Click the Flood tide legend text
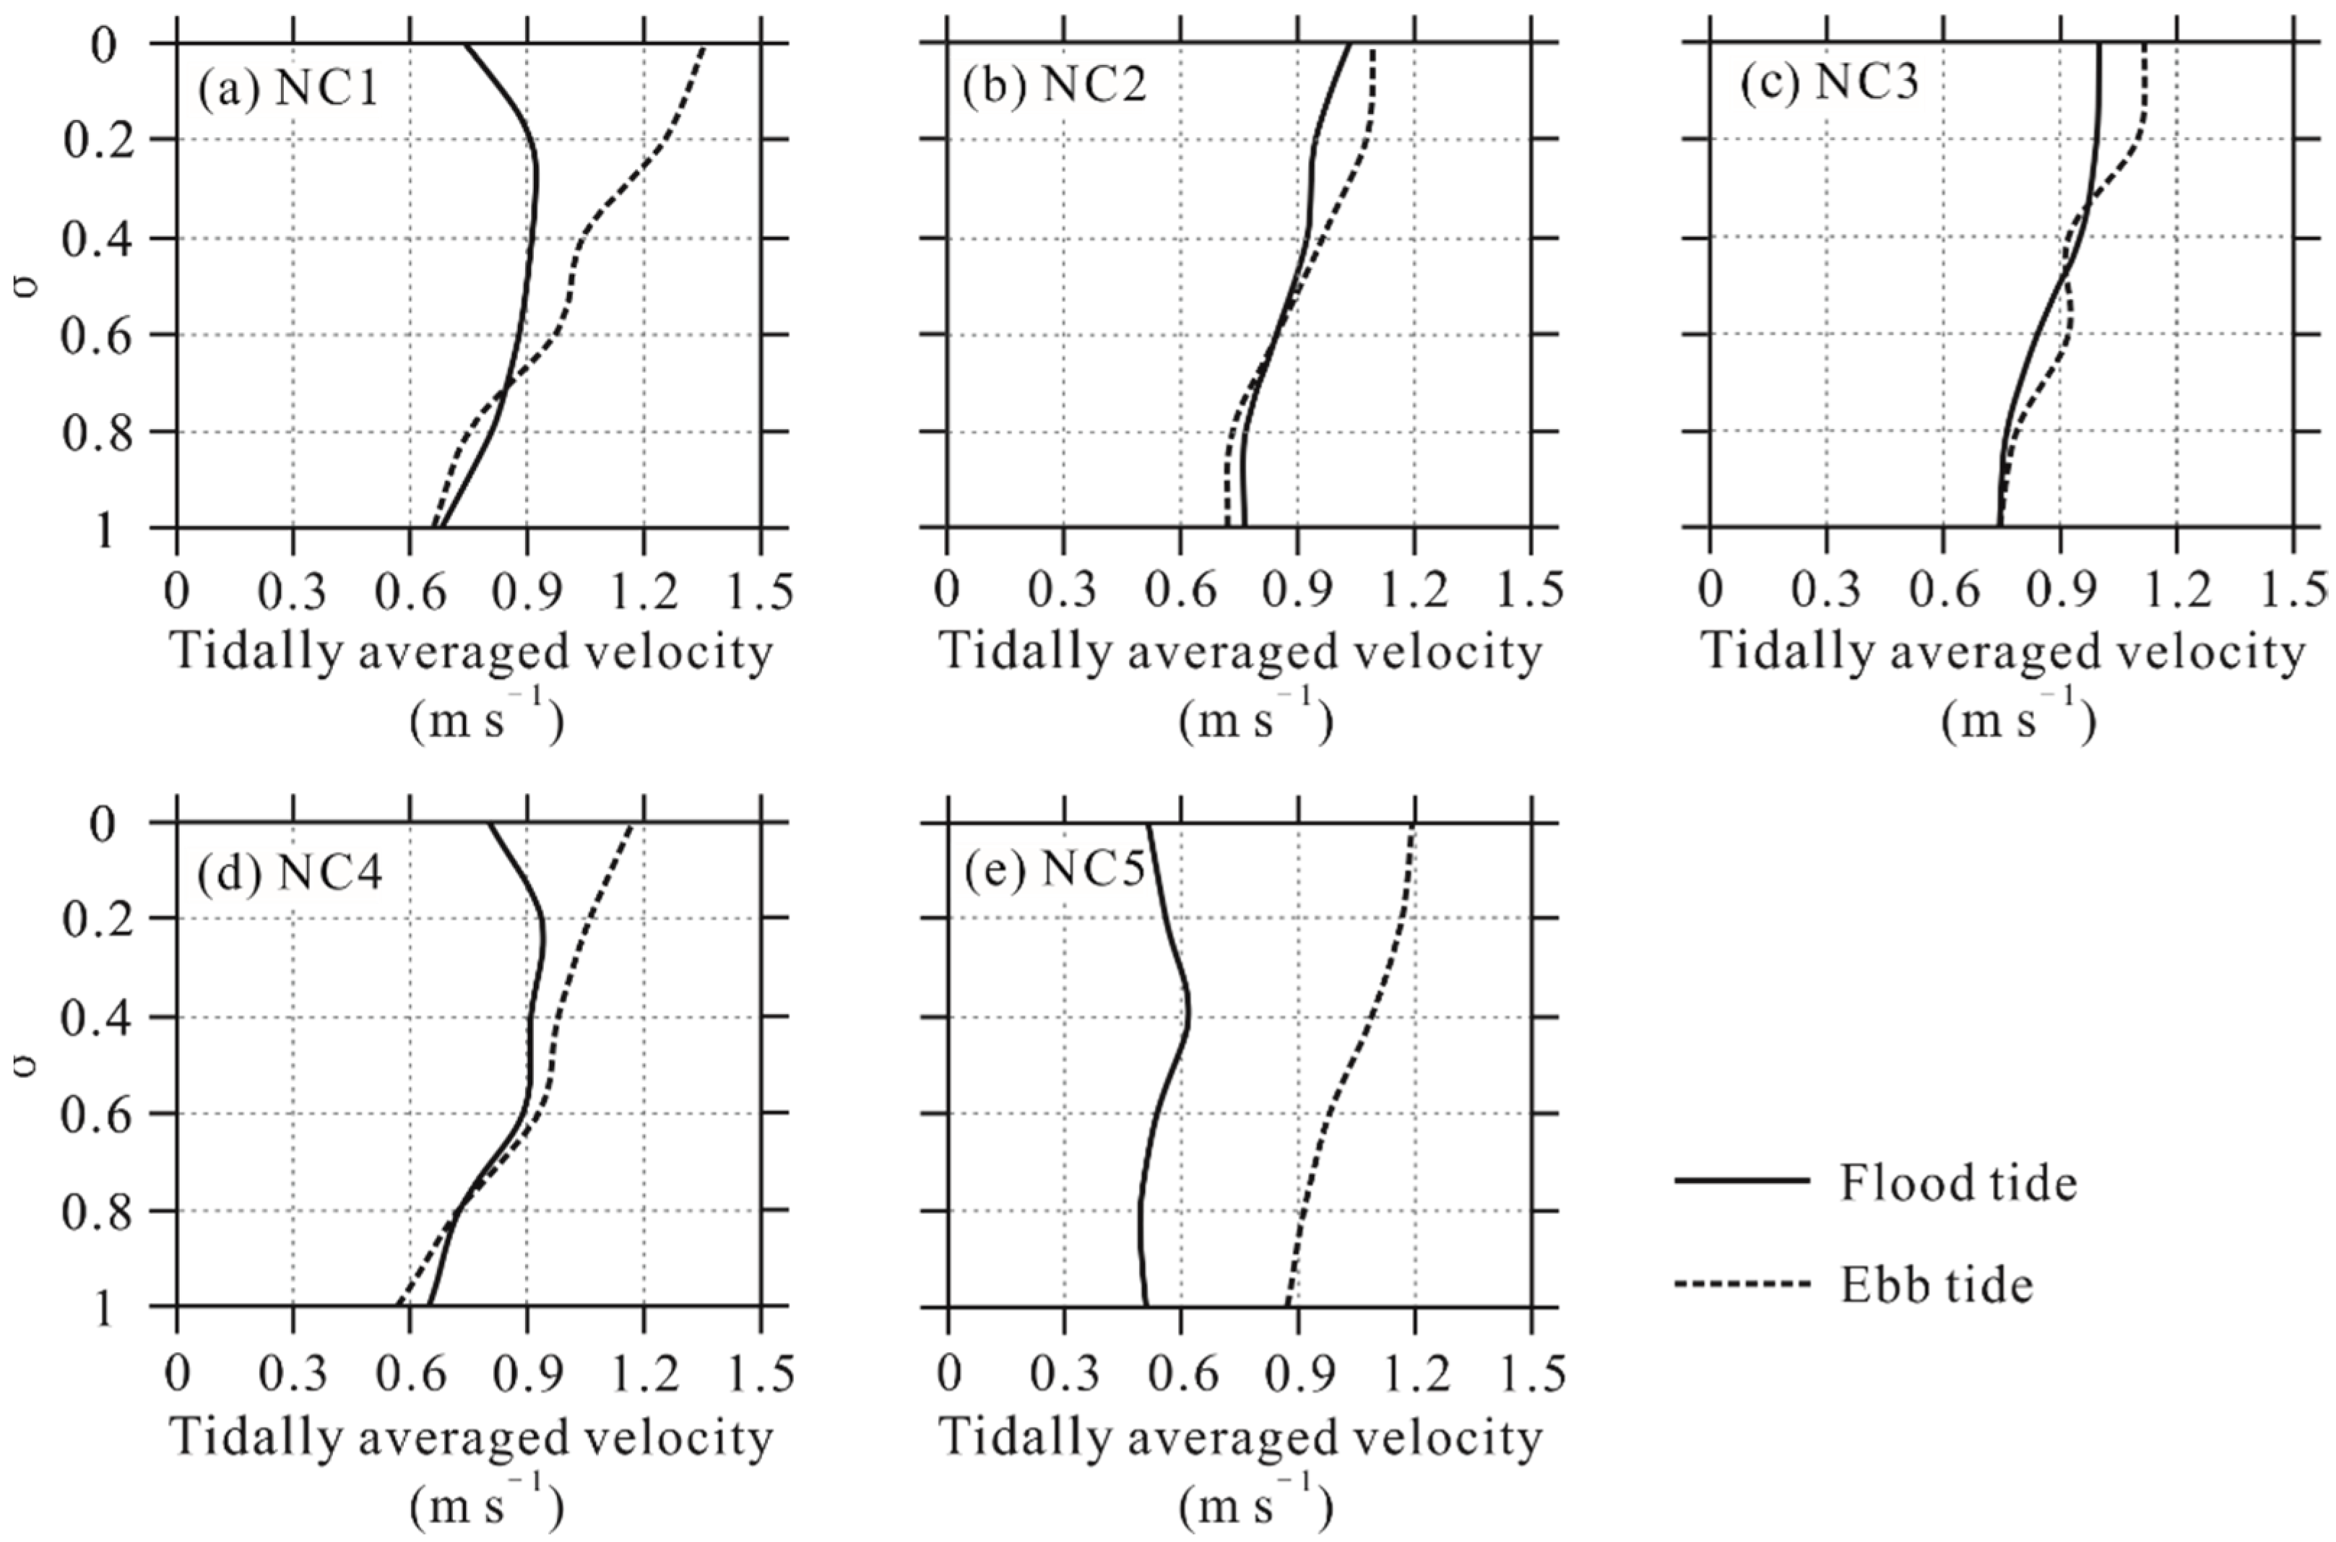pyautogui.click(x=1958, y=1183)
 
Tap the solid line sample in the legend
pyautogui.click(x=1742, y=1180)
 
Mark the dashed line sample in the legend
pyautogui.click(x=1742, y=1283)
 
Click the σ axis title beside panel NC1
pyautogui.click(x=30, y=285)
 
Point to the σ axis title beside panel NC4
pyautogui.click(x=30, y=1065)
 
